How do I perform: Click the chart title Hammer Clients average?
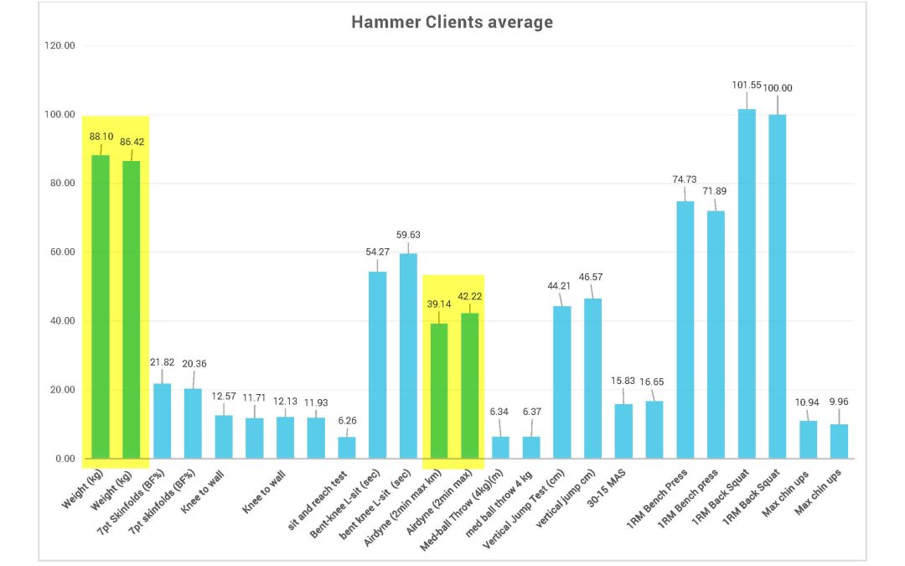pyautogui.click(x=452, y=23)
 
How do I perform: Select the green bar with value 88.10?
pyautogui.click(x=101, y=306)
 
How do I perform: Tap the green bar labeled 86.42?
pyautogui.click(x=132, y=309)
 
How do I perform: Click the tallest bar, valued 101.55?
pyautogui.click(x=747, y=283)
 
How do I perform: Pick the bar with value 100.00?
pyautogui.click(x=778, y=286)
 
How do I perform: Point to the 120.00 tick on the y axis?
pyautogui.click(x=59, y=45)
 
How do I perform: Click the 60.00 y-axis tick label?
pyautogui.click(x=59, y=252)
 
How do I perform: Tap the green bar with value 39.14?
pyautogui.click(x=439, y=391)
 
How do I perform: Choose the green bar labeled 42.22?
pyautogui.click(x=470, y=386)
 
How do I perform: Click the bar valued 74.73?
pyautogui.click(x=685, y=330)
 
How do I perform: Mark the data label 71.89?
pyautogui.click(x=716, y=192)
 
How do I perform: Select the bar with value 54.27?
pyautogui.click(x=378, y=365)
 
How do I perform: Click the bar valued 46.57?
pyautogui.click(x=592, y=378)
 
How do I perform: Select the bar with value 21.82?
pyautogui.click(x=162, y=421)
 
